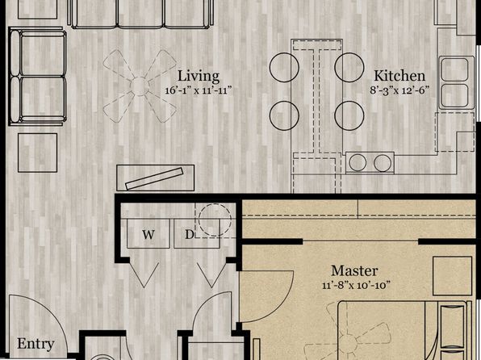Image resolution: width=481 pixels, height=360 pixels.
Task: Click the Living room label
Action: click(199, 77)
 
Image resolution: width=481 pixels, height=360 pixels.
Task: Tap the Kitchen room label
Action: click(399, 76)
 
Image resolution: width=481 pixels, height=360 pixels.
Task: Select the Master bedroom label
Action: click(354, 270)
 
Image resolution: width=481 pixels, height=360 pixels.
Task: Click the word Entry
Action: click(36, 344)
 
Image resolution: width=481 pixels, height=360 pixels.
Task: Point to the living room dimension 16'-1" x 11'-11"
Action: click(199, 90)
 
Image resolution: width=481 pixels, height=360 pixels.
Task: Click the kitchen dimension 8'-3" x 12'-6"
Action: click(399, 90)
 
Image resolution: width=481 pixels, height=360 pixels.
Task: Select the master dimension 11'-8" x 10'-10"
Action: click(357, 285)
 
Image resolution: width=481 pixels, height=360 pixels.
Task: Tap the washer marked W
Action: click(148, 233)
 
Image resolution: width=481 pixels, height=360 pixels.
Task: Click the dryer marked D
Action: click(197, 233)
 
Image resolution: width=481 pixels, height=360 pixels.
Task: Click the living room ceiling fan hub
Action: click(140, 86)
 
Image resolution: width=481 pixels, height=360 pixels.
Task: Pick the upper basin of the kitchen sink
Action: click(454, 69)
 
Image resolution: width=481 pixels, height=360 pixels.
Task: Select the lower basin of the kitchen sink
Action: click(454, 94)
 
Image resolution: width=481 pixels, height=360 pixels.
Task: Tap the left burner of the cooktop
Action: click(358, 163)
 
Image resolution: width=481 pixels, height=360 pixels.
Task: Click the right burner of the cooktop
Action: click(383, 163)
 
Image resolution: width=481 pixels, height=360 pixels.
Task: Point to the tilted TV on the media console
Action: click(154, 178)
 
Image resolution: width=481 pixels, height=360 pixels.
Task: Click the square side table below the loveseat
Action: click(37, 153)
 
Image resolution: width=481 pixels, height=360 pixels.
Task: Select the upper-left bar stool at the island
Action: click(284, 68)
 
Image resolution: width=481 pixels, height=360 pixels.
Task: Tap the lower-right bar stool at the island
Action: click(349, 115)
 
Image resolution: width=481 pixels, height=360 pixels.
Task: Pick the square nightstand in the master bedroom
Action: click(453, 276)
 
